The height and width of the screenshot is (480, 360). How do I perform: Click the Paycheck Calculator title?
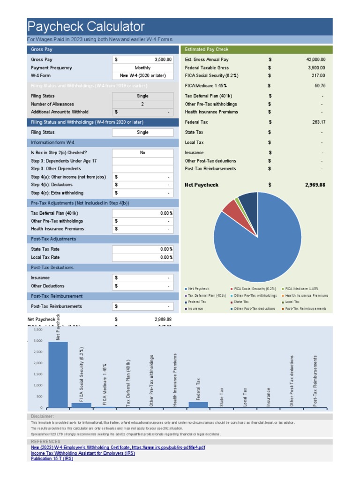tap(86, 26)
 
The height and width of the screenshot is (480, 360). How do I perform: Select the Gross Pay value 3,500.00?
tap(163, 60)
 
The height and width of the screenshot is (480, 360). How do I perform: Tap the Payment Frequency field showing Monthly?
tap(142, 67)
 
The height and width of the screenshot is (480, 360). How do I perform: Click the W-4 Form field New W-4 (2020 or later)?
tap(142, 75)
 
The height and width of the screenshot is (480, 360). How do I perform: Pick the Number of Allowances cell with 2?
tap(142, 104)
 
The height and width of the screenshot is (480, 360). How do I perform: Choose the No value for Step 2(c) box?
tap(142, 152)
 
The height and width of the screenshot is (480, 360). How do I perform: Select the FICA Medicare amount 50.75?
tap(320, 86)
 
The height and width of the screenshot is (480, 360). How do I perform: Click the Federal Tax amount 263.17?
tap(318, 122)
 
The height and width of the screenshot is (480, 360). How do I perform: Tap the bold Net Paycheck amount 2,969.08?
tap(315, 185)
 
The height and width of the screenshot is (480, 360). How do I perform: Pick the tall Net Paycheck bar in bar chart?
tap(58, 375)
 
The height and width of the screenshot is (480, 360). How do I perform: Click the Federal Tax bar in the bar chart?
tap(198, 405)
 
